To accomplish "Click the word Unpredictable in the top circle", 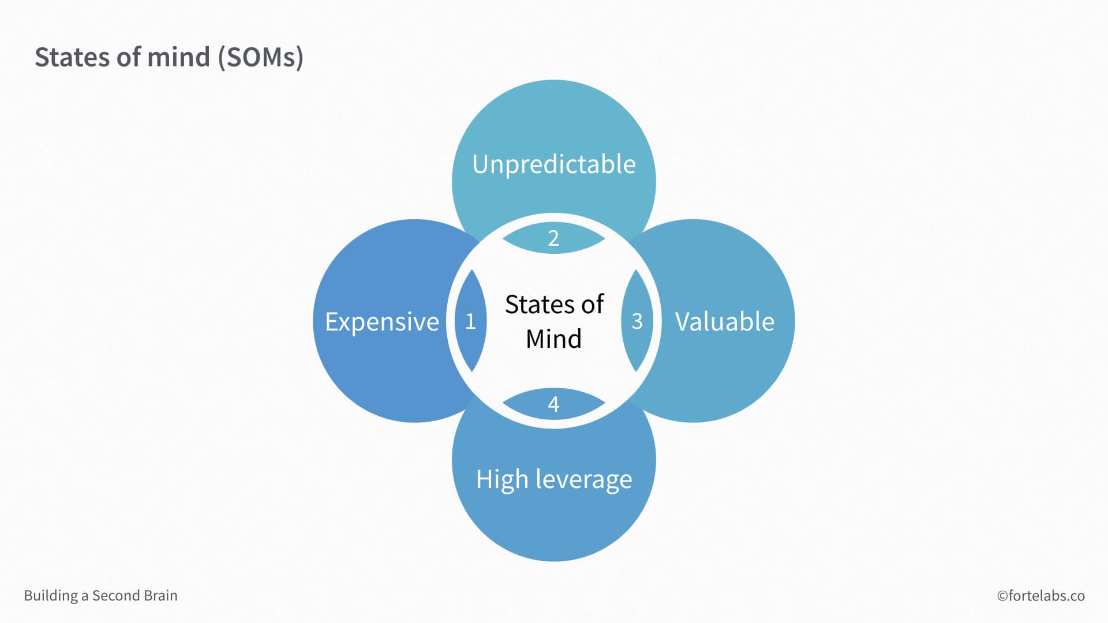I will click(x=554, y=164).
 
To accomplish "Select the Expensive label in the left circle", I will click(x=382, y=322).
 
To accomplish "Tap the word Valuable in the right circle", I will click(x=724, y=322).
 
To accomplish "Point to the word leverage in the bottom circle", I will click(x=583, y=479).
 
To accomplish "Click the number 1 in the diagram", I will click(x=470, y=321).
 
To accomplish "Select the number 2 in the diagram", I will click(x=553, y=238).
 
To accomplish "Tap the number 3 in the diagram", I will click(x=637, y=321).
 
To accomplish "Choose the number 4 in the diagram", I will click(x=553, y=404).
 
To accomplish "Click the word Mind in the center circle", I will click(x=553, y=339).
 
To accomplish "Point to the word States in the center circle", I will click(x=540, y=305).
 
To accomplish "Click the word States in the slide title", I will click(x=72, y=57).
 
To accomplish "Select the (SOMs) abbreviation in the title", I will click(x=261, y=58).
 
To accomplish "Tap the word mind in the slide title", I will click(x=178, y=57).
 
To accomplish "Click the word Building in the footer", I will click(x=51, y=596).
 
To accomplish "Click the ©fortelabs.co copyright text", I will click(x=1041, y=596).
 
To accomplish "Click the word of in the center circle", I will click(x=593, y=305).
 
